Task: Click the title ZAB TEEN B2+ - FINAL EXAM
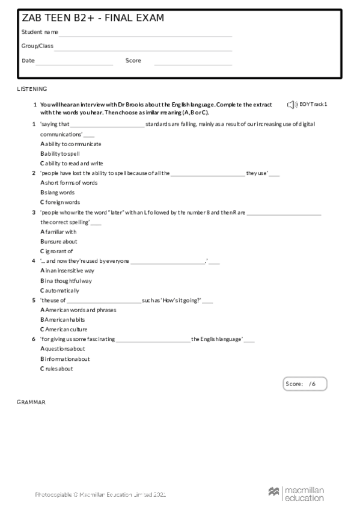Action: [93, 18]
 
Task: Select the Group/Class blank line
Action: [143, 50]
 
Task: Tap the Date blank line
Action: [75, 64]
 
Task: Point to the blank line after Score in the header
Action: [193, 64]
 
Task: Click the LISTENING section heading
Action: [32, 89]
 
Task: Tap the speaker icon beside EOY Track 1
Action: [292, 105]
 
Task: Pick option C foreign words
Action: [60, 202]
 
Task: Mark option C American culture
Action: [64, 329]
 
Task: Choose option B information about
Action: [65, 358]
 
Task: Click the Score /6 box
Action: [305, 383]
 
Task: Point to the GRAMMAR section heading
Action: [31, 401]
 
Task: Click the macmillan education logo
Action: [296, 494]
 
